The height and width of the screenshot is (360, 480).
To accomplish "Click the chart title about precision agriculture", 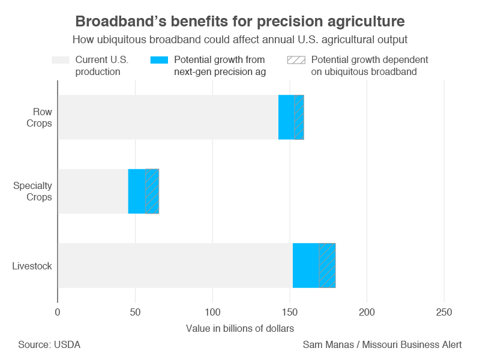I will (240, 22).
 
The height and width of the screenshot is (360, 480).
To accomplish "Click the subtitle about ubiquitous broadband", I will (240, 40).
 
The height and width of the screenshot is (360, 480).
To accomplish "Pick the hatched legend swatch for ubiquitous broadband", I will (296, 60).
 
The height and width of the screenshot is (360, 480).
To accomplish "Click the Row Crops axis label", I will (42, 118).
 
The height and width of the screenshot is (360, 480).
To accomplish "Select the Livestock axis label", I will (32, 265).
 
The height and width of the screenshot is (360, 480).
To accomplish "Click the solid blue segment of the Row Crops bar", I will (286, 118).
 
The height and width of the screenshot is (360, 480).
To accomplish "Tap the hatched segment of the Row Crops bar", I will (299, 118).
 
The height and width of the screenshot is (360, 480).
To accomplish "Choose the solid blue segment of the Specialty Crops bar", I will (137, 191).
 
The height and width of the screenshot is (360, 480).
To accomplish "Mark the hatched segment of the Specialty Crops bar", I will (152, 191).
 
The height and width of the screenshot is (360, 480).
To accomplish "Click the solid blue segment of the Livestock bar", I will (305, 265).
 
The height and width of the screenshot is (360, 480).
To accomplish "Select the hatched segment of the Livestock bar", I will (327, 265).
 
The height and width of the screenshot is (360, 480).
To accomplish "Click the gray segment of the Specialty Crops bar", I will (93, 191).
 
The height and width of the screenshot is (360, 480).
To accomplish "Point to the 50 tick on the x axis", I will (135, 313).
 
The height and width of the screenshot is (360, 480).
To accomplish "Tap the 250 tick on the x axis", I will (444, 313).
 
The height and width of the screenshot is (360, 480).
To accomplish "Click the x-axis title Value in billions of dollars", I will (240, 328).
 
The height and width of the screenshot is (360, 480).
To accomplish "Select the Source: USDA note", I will (49, 345).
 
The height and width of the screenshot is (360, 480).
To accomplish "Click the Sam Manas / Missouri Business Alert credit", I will (382, 345).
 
